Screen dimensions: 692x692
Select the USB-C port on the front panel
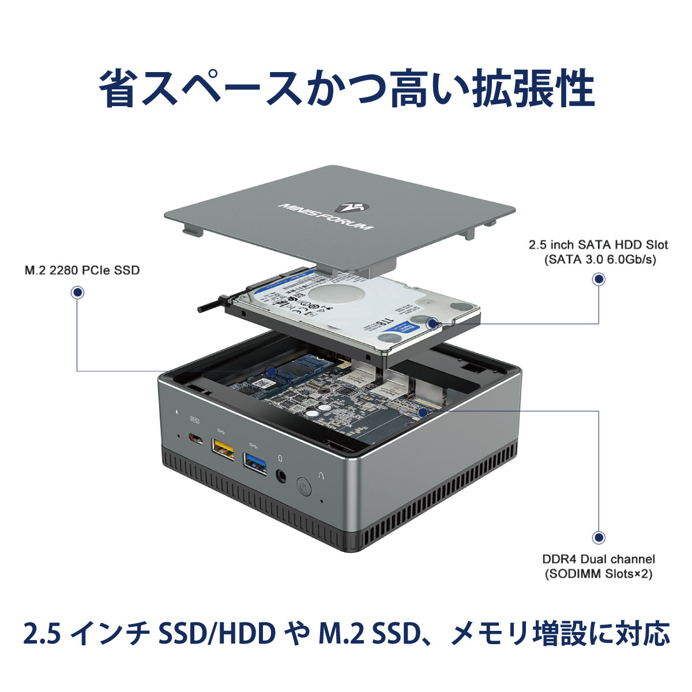click(x=196, y=440)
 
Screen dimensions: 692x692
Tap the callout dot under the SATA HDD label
click(x=599, y=280)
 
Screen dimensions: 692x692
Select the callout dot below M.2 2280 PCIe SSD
click(x=77, y=293)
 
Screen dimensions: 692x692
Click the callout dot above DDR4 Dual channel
click(x=599, y=537)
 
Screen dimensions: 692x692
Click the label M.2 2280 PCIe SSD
click(x=82, y=270)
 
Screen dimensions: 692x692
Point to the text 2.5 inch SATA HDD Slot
click(x=599, y=245)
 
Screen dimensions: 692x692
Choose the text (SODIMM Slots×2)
click(x=599, y=574)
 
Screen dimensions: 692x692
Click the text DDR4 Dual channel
click(x=599, y=559)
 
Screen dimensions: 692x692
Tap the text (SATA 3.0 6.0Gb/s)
click(x=600, y=259)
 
